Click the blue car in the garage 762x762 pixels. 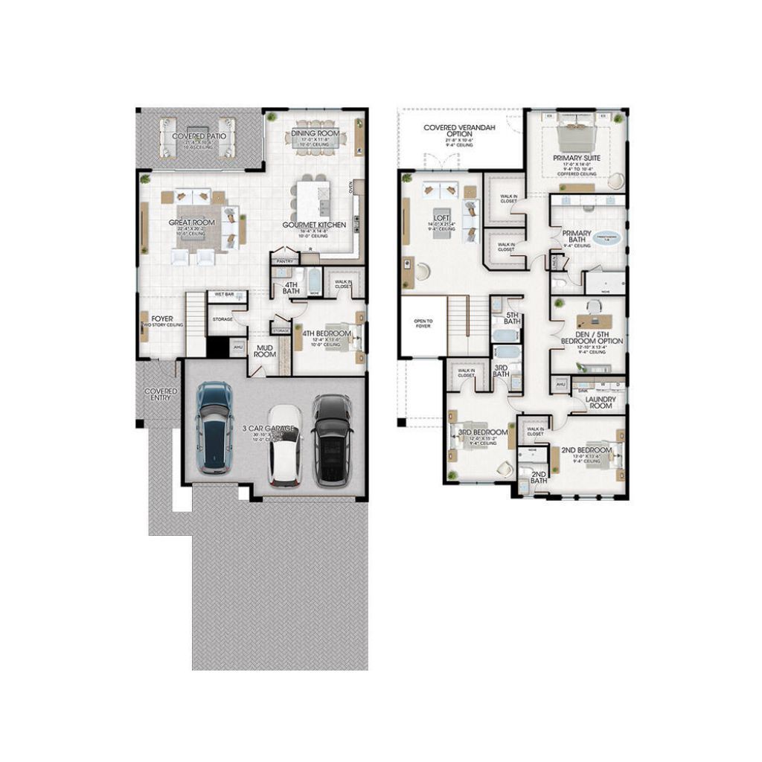[x=214, y=427]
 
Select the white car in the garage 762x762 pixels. [x=285, y=445]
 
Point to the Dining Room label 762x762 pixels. [x=315, y=133]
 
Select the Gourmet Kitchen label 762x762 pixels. [x=314, y=225]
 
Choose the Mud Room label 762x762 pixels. [x=266, y=350]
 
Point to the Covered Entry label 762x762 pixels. [x=161, y=394]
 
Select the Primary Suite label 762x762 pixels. [x=577, y=159]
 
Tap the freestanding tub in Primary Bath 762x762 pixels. [x=610, y=240]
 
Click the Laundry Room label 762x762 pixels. [x=600, y=403]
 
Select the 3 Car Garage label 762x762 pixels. [x=269, y=429]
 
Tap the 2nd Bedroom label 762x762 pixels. [x=586, y=450]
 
